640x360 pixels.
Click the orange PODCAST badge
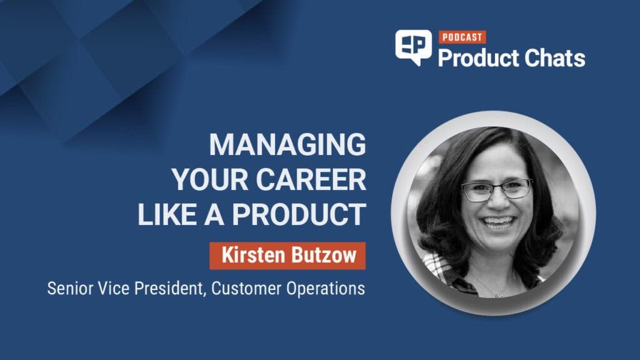click(x=462, y=37)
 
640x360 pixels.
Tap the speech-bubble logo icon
click(x=414, y=47)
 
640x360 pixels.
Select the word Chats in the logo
click(x=554, y=58)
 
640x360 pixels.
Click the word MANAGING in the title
click(x=287, y=144)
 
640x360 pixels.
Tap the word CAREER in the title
click(x=311, y=179)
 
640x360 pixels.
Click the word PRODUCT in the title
click(x=299, y=214)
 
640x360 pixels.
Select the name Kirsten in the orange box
click(x=253, y=256)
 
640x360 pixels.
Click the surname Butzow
click(x=324, y=256)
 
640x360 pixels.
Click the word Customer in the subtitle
click(x=246, y=289)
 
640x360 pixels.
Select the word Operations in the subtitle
click(x=325, y=289)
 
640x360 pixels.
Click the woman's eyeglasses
click(x=497, y=189)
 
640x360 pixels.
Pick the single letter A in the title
click(x=214, y=214)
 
